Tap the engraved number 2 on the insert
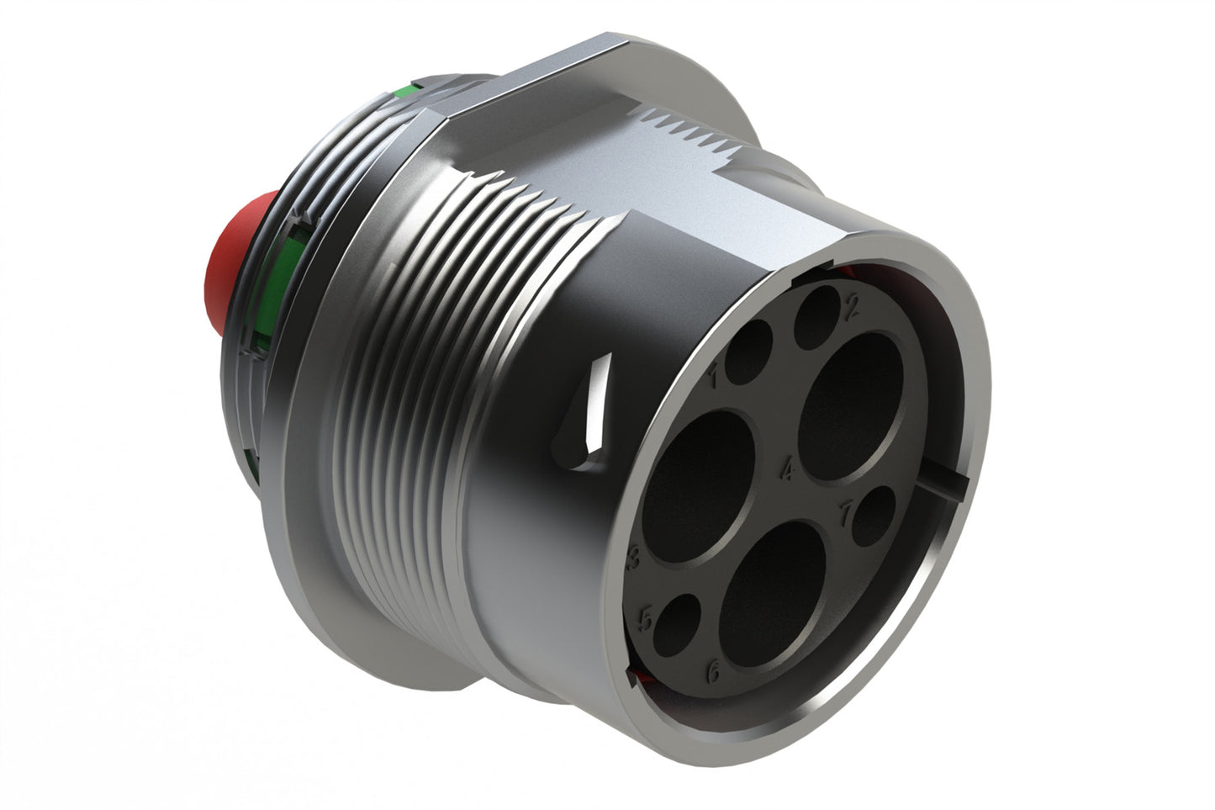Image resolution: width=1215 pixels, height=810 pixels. [x=850, y=309]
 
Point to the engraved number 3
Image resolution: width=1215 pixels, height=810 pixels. [x=636, y=555]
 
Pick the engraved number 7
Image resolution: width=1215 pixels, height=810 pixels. [x=848, y=509]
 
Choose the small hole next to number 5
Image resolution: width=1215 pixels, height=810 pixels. [x=677, y=626]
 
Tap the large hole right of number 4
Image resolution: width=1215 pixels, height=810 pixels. [x=850, y=408]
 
